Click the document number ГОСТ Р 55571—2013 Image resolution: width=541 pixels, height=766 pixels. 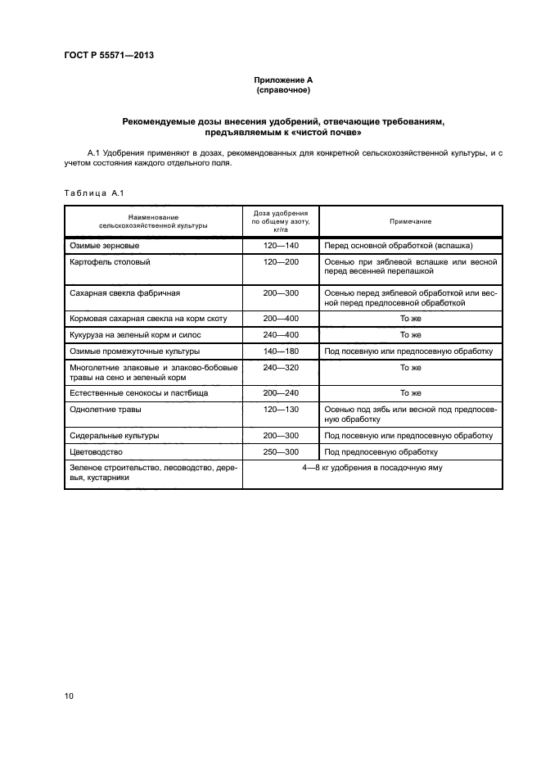click(109, 56)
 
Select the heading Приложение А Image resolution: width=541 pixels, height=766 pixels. click(283, 80)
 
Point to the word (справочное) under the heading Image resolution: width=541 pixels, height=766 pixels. click(283, 90)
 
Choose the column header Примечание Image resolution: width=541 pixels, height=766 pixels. click(411, 221)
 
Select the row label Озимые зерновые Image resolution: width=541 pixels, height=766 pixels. click(106, 246)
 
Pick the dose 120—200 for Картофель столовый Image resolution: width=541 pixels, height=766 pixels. click(281, 262)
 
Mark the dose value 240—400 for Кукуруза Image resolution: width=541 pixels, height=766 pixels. click(281, 335)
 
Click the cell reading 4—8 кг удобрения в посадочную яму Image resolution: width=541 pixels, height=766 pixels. click(372, 468)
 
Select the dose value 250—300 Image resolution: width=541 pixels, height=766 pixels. click(281, 451)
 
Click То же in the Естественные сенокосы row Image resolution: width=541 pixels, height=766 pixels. click(410, 393)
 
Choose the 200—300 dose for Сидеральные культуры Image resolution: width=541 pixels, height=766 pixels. click(281, 436)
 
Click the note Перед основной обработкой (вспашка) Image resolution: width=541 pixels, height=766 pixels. click(399, 246)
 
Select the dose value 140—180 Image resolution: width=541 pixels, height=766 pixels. click(281, 351)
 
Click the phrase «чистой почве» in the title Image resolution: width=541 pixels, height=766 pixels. click(325, 132)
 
